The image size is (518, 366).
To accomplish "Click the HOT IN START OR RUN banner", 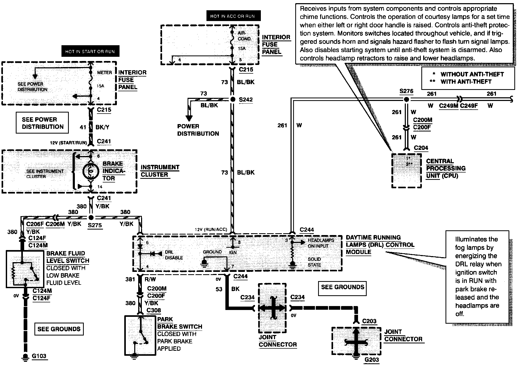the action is [90, 51].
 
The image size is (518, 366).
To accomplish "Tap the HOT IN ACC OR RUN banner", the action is [232, 16].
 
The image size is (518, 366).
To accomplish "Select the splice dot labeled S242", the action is [233, 100].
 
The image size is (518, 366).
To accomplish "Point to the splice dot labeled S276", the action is [406, 99].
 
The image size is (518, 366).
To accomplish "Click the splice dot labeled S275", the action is [91, 217].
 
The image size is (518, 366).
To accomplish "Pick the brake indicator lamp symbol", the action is [91, 171].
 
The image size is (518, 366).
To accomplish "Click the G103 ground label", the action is [39, 356].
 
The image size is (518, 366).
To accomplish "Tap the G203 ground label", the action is [372, 360].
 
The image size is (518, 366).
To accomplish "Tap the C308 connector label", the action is [154, 310].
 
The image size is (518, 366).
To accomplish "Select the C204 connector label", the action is [421, 148].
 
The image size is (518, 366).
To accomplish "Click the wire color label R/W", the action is [150, 279].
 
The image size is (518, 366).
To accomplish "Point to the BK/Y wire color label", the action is [102, 127].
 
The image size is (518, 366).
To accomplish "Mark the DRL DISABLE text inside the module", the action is [174, 255].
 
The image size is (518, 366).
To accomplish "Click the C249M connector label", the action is [449, 106].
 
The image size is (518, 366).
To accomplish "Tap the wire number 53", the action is [219, 289].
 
